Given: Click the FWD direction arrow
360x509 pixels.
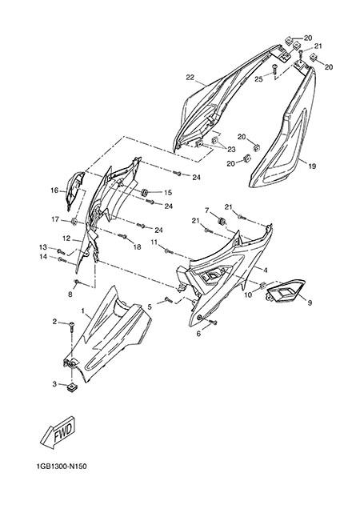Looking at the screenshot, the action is coord(58,434).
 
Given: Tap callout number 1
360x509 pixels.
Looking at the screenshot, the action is coord(83,311).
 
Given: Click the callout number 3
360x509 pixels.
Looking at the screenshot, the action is coord(54,384).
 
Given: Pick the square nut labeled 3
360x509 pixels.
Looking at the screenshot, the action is coord(71,387).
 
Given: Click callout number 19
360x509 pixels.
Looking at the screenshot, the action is coord(312,166).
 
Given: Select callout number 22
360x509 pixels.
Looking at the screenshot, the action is coord(190,78).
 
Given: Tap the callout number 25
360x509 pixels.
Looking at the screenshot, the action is coord(258,79).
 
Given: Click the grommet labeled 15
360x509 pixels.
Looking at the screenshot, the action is coord(144,192).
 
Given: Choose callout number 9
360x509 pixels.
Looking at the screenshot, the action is coord(310,303).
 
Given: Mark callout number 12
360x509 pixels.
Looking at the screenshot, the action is coord(66,238).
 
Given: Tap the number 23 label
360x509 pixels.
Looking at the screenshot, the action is coord(231,150).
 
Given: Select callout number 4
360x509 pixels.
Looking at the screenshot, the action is coord(266,270).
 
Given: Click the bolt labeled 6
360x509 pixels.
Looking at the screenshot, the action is coord(214,322).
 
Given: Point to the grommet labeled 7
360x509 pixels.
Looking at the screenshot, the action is coord(222,221).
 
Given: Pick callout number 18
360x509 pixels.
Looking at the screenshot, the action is coord(137,247).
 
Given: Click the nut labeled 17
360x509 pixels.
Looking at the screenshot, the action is coord(74,222).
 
